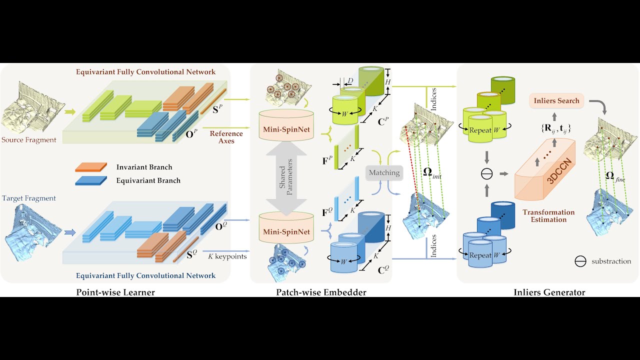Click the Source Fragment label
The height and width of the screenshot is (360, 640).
pyautogui.click(x=28, y=140)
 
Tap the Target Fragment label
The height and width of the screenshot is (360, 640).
pyautogui.click(x=28, y=198)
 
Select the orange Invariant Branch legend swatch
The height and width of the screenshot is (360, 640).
pyautogui.click(x=90, y=167)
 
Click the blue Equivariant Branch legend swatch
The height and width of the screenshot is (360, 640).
pyautogui.click(x=90, y=180)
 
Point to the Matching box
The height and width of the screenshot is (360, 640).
pyautogui.click(x=384, y=173)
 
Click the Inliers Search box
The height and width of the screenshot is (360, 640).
pyautogui.click(x=556, y=100)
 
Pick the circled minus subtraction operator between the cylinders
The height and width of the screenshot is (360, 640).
pyautogui.click(x=486, y=173)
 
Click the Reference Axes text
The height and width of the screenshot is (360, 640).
pyautogui.click(x=226, y=137)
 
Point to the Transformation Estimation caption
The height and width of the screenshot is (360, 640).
pyautogui.click(x=548, y=215)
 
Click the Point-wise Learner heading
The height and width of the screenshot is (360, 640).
pyautogui.click(x=115, y=292)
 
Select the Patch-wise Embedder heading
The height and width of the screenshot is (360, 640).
pyautogui.click(x=321, y=292)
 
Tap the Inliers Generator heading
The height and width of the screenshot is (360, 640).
pyautogui.click(x=549, y=292)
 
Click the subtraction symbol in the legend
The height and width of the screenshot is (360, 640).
pyautogui.click(x=580, y=261)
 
